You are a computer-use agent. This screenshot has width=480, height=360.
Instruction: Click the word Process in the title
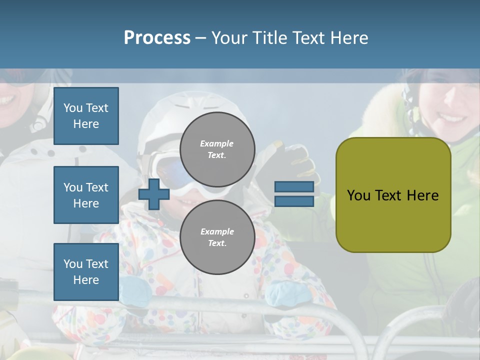tap(157, 38)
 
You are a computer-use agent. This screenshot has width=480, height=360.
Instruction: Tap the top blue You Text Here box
tap(86, 116)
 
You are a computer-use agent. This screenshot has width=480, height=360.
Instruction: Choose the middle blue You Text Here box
tap(86, 195)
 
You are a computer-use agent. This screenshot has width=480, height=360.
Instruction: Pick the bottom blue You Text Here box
tap(86, 271)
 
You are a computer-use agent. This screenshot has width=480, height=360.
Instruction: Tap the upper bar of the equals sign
tap(294, 187)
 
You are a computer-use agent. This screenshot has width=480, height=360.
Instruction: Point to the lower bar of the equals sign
tap(294, 201)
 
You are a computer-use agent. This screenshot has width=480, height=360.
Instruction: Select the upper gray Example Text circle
tap(217, 149)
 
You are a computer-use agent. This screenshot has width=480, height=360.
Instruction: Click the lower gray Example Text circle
tap(217, 237)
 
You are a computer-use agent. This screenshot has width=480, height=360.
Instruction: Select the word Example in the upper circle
tap(217, 143)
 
